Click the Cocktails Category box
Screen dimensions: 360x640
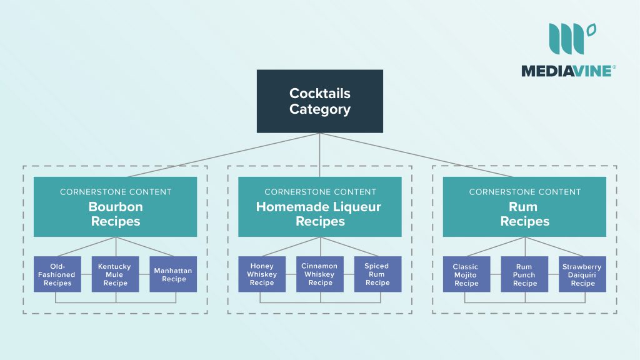(x=320, y=101)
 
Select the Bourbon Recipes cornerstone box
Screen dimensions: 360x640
(x=115, y=207)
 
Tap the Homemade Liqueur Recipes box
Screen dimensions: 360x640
(x=320, y=207)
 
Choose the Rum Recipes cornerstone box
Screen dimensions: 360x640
(x=524, y=207)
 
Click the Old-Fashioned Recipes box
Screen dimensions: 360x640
(x=57, y=274)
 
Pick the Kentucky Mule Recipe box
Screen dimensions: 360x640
(x=115, y=274)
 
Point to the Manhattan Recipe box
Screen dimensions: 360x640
(x=173, y=274)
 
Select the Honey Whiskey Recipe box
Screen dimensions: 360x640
(x=262, y=274)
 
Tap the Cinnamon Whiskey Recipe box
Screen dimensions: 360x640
(x=320, y=274)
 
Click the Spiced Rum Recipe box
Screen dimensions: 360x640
(x=377, y=274)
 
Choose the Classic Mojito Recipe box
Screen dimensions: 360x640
(x=466, y=274)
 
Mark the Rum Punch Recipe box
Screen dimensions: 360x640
(x=524, y=274)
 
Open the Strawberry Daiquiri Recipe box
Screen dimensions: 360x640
(x=582, y=274)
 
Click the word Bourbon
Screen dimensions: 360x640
(x=115, y=207)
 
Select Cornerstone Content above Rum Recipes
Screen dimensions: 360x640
(x=524, y=192)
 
